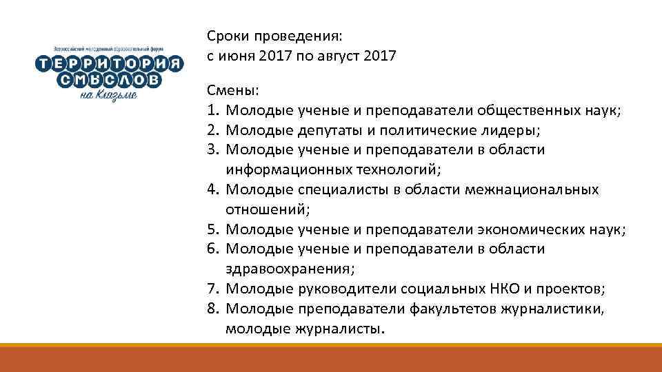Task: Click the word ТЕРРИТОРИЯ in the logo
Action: tap(110, 64)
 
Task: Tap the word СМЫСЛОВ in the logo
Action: tap(109, 81)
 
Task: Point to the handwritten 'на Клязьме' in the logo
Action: tap(108, 96)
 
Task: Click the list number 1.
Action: tap(212, 110)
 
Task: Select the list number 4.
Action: tap(212, 189)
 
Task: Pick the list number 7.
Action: tap(212, 289)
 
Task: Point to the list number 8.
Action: tap(212, 309)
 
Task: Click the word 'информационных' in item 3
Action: tap(289, 169)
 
